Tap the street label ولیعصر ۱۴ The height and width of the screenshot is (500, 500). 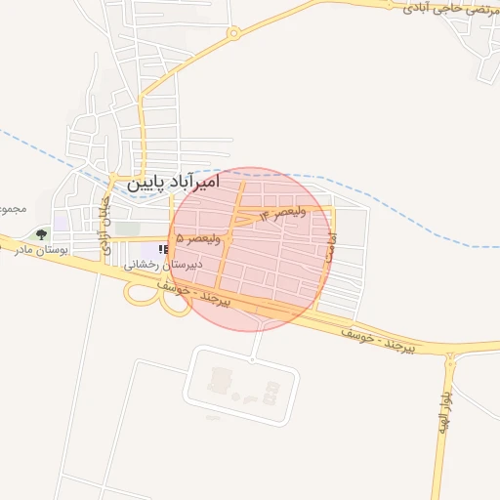pyautogui.click(x=282, y=212)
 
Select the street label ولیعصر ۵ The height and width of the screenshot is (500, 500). pyautogui.click(x=199, y=238)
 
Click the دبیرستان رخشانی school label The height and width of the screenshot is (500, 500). pyautogui.click(x=161, y=265)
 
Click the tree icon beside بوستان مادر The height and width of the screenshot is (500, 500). pyautogui.click(x=41, y=234)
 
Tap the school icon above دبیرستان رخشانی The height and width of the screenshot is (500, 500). pyautogui.click(x=161, y=250)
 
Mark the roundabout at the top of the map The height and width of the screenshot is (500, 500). pyautogui.click(x=232, y=33)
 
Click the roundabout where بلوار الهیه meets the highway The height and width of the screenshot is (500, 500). pyautogui.click(x=450, y=358)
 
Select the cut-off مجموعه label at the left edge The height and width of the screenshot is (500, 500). pyautogui.click(x=10, y=210)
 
